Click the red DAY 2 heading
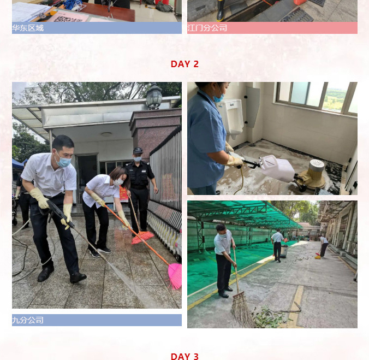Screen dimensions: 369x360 (x=184, y=64)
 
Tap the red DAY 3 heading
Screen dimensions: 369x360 (x=184, y=356)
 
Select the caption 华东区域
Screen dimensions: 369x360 (x=28, y=28)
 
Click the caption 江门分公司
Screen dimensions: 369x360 (x=207, y=28)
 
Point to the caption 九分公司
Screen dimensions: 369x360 (x=28, y=320)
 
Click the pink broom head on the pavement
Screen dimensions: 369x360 (x=175, y=276)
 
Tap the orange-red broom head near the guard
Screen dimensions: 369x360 (x=142, y=237)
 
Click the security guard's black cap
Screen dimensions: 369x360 (x=138, y=150)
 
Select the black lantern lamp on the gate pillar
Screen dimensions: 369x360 (x=154, y=96)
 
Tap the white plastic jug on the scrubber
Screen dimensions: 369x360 (x=277, y=168)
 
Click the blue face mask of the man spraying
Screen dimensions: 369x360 (x=63, y=162)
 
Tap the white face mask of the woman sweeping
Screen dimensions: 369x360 (x=118, y=181)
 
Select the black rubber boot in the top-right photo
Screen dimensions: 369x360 (x=221, y=10)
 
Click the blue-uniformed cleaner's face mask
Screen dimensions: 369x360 (x=218, y=97)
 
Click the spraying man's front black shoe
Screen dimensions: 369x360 (x=78, y=278)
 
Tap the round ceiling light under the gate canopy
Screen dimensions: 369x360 (x=106, y=134)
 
